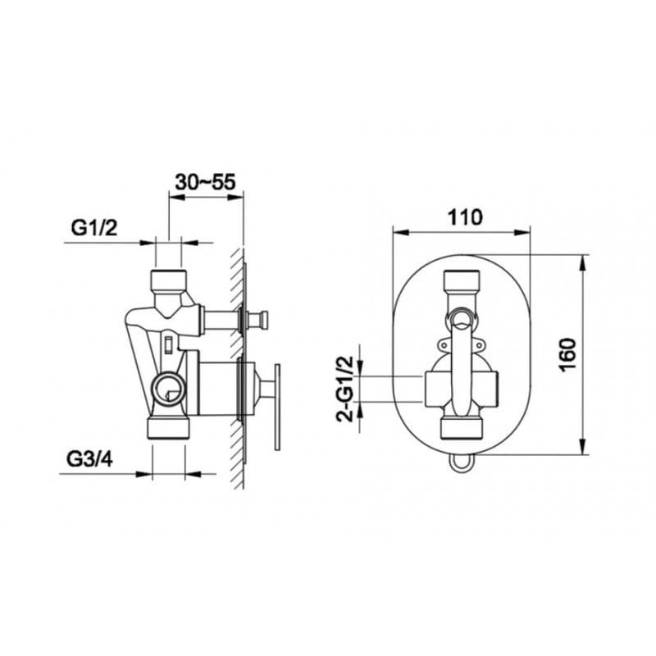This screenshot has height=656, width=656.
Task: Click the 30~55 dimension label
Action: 206,182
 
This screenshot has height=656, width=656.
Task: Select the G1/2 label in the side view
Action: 94,228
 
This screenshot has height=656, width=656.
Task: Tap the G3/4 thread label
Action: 89,460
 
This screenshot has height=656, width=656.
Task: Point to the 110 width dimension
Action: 465,217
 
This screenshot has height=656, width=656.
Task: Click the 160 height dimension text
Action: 567,353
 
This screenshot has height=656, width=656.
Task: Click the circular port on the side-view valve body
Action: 167,389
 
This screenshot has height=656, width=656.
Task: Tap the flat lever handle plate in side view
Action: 277,407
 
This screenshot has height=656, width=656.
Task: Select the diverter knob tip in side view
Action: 263,320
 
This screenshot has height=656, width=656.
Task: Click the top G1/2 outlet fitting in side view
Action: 168,279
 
